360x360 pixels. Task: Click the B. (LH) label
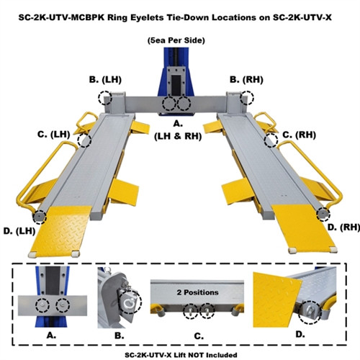[x=105, y=80]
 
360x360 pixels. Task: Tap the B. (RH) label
[x=246, y=80]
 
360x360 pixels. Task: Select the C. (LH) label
[x=54, y=135]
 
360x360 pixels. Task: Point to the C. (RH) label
[x=299, y=135]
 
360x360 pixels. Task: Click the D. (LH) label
[x=19, y=231]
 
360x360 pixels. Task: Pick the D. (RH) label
[x=343, y=228]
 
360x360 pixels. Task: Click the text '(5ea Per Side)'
[x=176, y=40]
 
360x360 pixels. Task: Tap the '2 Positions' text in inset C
[x=198, y=292]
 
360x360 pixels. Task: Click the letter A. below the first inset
[x=51, y=336]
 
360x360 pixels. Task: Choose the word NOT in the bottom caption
[x=195, y=355]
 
